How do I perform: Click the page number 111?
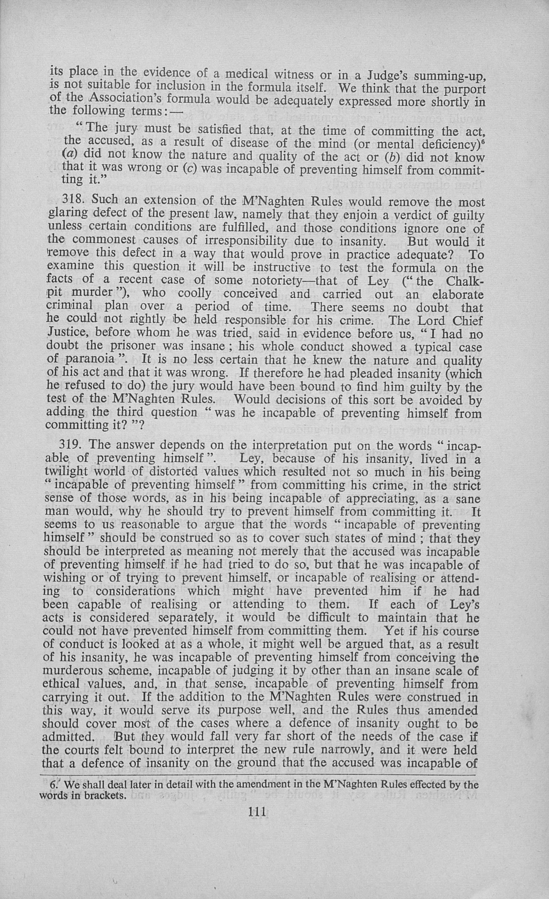click(x=257, y=811)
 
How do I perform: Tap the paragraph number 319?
click(x=70, y=445)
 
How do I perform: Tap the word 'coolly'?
click(x=195, y=293)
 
